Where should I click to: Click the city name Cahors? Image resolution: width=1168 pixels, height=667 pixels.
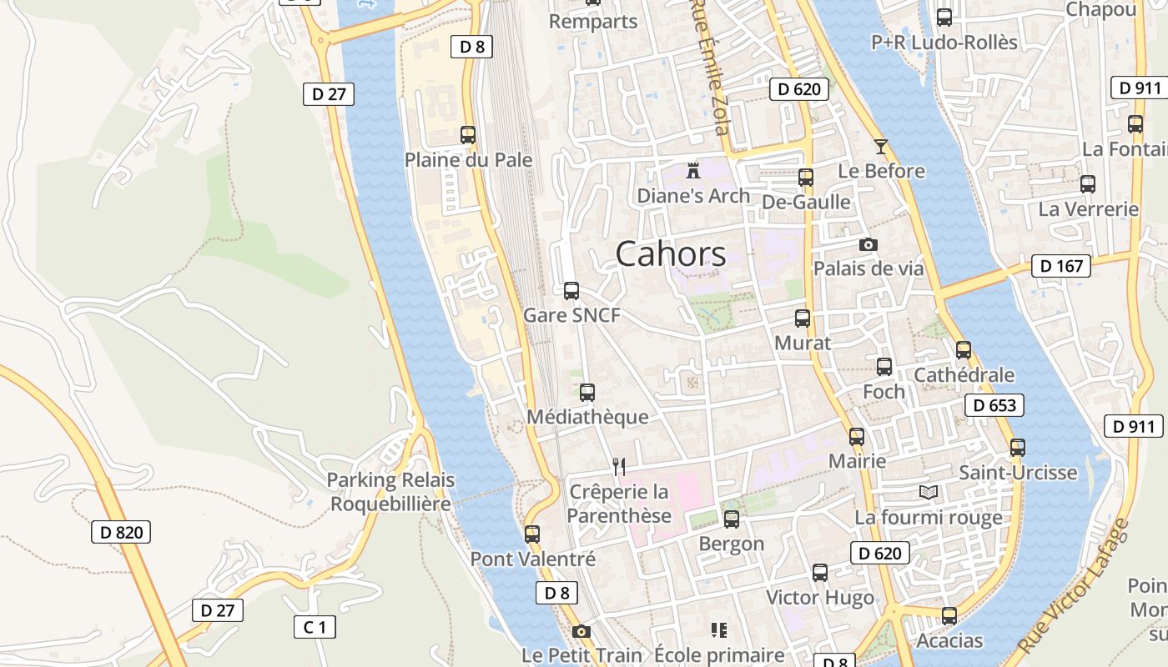671,254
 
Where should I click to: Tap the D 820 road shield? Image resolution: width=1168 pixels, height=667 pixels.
121,532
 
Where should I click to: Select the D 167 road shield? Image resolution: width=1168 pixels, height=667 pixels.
1062,266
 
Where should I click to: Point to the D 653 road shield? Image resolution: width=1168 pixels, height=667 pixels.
994,405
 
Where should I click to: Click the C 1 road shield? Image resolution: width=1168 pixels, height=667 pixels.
315,626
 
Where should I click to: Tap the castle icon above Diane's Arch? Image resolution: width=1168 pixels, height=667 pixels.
692,171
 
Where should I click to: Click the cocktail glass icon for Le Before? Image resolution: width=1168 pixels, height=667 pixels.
880,148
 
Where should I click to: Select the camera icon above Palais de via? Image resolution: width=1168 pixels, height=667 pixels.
868,244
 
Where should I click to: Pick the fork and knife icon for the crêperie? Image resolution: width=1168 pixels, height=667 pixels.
619,466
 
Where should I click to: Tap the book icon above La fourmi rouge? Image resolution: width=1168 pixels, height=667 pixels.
929,492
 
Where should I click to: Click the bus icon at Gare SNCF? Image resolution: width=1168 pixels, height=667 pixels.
571,291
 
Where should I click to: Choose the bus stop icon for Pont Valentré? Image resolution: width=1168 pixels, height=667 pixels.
532,534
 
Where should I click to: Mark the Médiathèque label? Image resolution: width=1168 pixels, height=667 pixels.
587,417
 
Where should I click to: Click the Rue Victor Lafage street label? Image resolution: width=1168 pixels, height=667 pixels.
1073,587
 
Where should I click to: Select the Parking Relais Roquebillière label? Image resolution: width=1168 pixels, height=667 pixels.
390,492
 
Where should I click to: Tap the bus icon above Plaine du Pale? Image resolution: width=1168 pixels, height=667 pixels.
468,134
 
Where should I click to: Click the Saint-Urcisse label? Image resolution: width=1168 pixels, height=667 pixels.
1018,473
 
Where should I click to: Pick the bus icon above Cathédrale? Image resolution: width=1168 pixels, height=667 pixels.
964,350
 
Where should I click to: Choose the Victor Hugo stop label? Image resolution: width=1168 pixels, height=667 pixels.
820,598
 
